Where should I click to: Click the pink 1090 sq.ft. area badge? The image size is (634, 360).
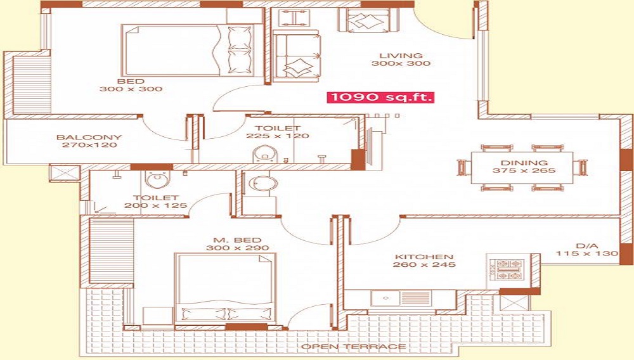coord(380,98)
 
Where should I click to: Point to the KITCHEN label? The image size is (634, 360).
coord(424,257)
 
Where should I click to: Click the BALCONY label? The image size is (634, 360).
coord(89,138)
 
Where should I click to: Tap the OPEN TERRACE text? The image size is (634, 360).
coord(354,347)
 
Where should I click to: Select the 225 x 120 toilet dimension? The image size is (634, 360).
coord(278,136)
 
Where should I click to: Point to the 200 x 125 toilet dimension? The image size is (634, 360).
coord(156,205)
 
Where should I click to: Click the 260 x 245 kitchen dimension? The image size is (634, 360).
coord(424,265)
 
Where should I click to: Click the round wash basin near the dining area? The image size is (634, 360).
coord(263,184)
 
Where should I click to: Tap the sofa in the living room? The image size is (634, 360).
coord(297,55)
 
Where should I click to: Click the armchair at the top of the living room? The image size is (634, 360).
coord(367,21)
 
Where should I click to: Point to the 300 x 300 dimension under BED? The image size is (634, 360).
coord(131,89)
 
